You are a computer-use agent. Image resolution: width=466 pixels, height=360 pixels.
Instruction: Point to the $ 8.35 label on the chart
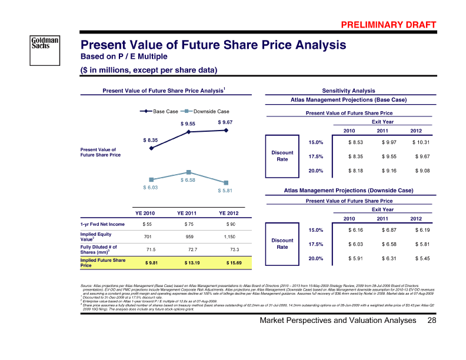click(x=151, y=139)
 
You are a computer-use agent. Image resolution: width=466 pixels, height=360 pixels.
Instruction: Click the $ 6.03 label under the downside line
click(x=151, y=187)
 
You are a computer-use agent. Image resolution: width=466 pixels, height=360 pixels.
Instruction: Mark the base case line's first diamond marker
click(x=151, y=148)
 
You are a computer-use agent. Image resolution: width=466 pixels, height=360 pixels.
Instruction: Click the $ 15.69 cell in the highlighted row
click(x=225, y=262)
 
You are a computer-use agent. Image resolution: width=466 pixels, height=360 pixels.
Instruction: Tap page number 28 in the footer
click(x=432, y=337)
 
